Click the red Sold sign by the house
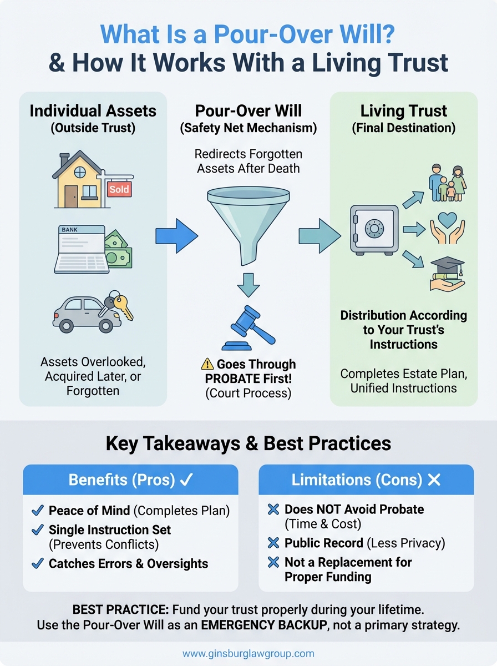click(119, 189)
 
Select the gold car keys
click(124, 304)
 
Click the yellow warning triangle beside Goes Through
click(207, 364)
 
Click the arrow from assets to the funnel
click(176, 236)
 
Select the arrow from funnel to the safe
click(319, 236)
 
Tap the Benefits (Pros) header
click(130, 480)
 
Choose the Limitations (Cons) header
click(366, 480)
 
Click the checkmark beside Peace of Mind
click(38, 510)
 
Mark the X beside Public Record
click(273, 543)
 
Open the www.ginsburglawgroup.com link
click(248, 653)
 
